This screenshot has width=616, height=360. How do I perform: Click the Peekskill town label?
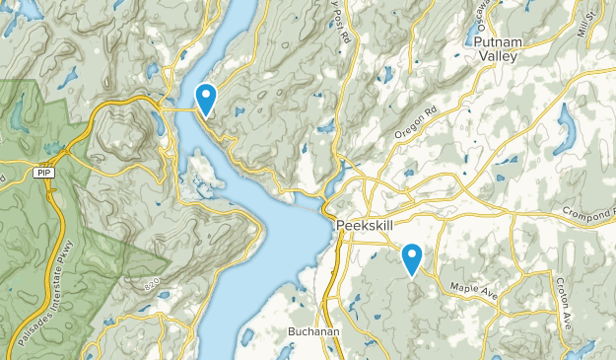366,224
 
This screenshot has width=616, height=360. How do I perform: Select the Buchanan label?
314,332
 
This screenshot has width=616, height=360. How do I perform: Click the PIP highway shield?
42,173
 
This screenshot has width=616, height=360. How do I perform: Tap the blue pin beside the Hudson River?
206,98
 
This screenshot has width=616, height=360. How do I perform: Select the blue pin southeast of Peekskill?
412,257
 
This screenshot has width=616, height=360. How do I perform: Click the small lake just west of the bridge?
156,122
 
